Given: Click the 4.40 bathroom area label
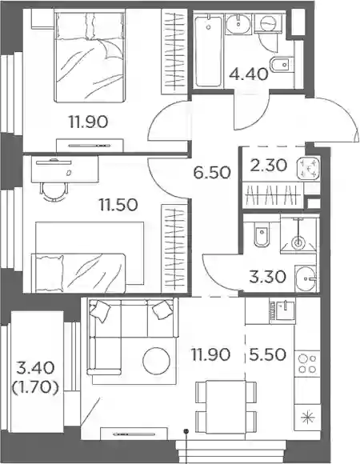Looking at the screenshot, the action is pos(249,74).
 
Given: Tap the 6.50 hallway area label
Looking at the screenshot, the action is pos(211,173).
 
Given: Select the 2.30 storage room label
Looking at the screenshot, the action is pos(268,165).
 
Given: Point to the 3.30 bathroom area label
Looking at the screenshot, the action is pos(267,278).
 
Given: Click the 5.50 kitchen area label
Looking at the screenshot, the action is pos(267,354).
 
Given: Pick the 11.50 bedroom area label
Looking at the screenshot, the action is pos(118,205).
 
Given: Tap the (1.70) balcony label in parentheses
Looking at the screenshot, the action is pos(35,388).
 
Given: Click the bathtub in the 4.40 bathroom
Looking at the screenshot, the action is pos(208,51).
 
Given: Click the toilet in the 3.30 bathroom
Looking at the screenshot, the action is pos(262,234).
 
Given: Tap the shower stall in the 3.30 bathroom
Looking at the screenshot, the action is pos(299,234).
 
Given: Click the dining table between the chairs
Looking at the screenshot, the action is pos(226,410).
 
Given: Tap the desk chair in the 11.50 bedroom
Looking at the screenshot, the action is pos(54,192).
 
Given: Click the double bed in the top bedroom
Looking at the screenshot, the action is pos(89,56).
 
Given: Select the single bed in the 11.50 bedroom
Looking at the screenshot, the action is pos(79,272).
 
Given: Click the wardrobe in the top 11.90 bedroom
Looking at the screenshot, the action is pos(174,51).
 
